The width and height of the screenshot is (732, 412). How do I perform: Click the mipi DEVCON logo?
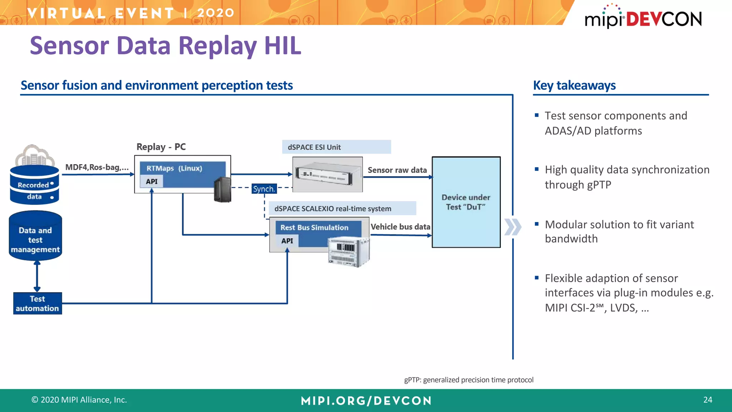coord(643,18)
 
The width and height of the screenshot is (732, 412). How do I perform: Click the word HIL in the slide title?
coord(282,46)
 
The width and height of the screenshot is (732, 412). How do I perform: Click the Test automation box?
coord(38,303)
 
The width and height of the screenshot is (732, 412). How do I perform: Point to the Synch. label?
coord(264,189)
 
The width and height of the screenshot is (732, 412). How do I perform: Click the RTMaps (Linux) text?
coord(174,168)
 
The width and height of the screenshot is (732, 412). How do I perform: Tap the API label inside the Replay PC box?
coord(152,181)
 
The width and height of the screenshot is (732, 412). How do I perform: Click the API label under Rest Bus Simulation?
coord(287,241)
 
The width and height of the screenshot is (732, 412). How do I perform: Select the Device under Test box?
coord(466,202)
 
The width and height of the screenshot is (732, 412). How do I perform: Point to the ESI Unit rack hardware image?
coord(327,174)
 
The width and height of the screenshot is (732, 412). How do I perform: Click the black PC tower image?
coord(222,190)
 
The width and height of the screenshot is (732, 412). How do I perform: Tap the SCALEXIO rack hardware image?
coord(348,252)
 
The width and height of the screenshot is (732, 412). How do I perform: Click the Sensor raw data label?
coord(397,170)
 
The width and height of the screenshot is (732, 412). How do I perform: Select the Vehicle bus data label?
coord(400,227)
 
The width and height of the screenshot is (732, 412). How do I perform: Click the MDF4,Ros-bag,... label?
coord(97,167)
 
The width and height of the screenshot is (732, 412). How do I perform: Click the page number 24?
coord(707,400)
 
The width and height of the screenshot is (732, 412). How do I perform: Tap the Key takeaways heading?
coord(574,85)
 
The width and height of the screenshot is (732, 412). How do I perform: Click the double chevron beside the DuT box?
coord(513,227)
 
